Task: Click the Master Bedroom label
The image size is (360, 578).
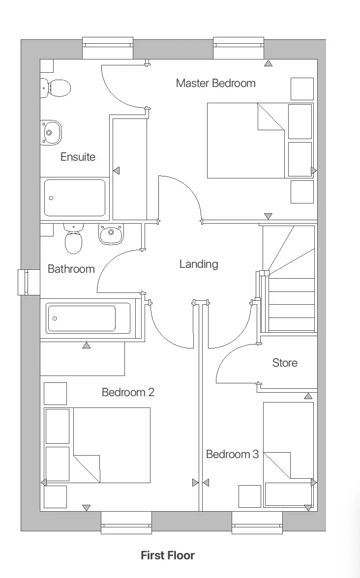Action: [215, 83]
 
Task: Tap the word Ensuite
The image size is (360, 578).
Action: [78, 157]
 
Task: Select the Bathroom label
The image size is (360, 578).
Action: [71, 269]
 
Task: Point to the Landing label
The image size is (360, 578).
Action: [198, 264]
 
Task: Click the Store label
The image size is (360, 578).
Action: [285, 363]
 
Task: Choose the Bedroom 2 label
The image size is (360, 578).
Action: [128, 392]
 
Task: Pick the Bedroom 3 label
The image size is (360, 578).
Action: [232, 454]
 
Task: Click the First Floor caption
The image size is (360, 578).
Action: [168, 555]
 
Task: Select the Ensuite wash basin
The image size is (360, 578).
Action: [51, 132]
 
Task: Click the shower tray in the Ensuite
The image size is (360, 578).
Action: [75, 198]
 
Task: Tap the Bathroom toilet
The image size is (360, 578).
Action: [74, 241]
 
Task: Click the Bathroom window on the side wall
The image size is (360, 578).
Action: [29, 283]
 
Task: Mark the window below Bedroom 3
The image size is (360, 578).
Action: [257, 523]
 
